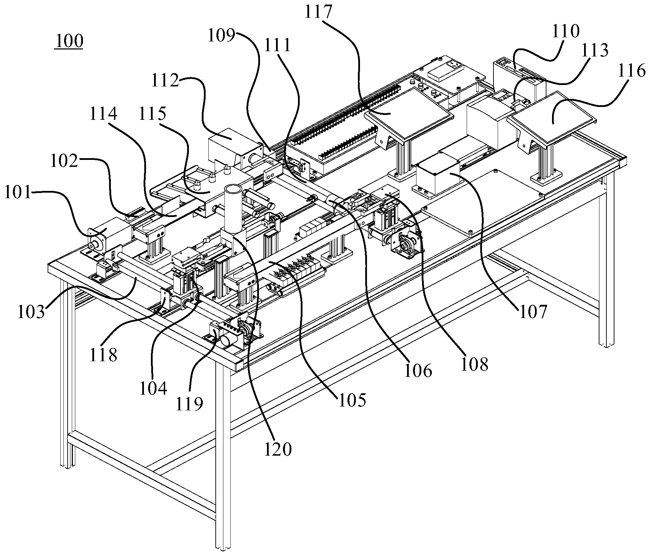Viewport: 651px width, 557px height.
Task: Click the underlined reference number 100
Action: coord(68,41)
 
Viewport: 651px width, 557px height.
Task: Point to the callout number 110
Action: coord(565,31)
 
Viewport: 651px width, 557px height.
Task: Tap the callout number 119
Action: coord(189,403)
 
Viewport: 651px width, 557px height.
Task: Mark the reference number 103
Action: coord(32,311)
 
